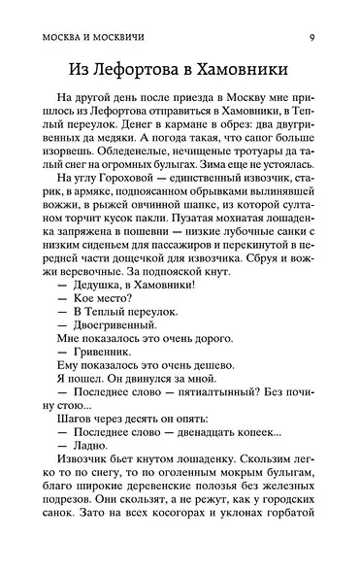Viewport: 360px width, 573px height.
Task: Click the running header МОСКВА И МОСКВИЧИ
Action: (93, 12)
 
